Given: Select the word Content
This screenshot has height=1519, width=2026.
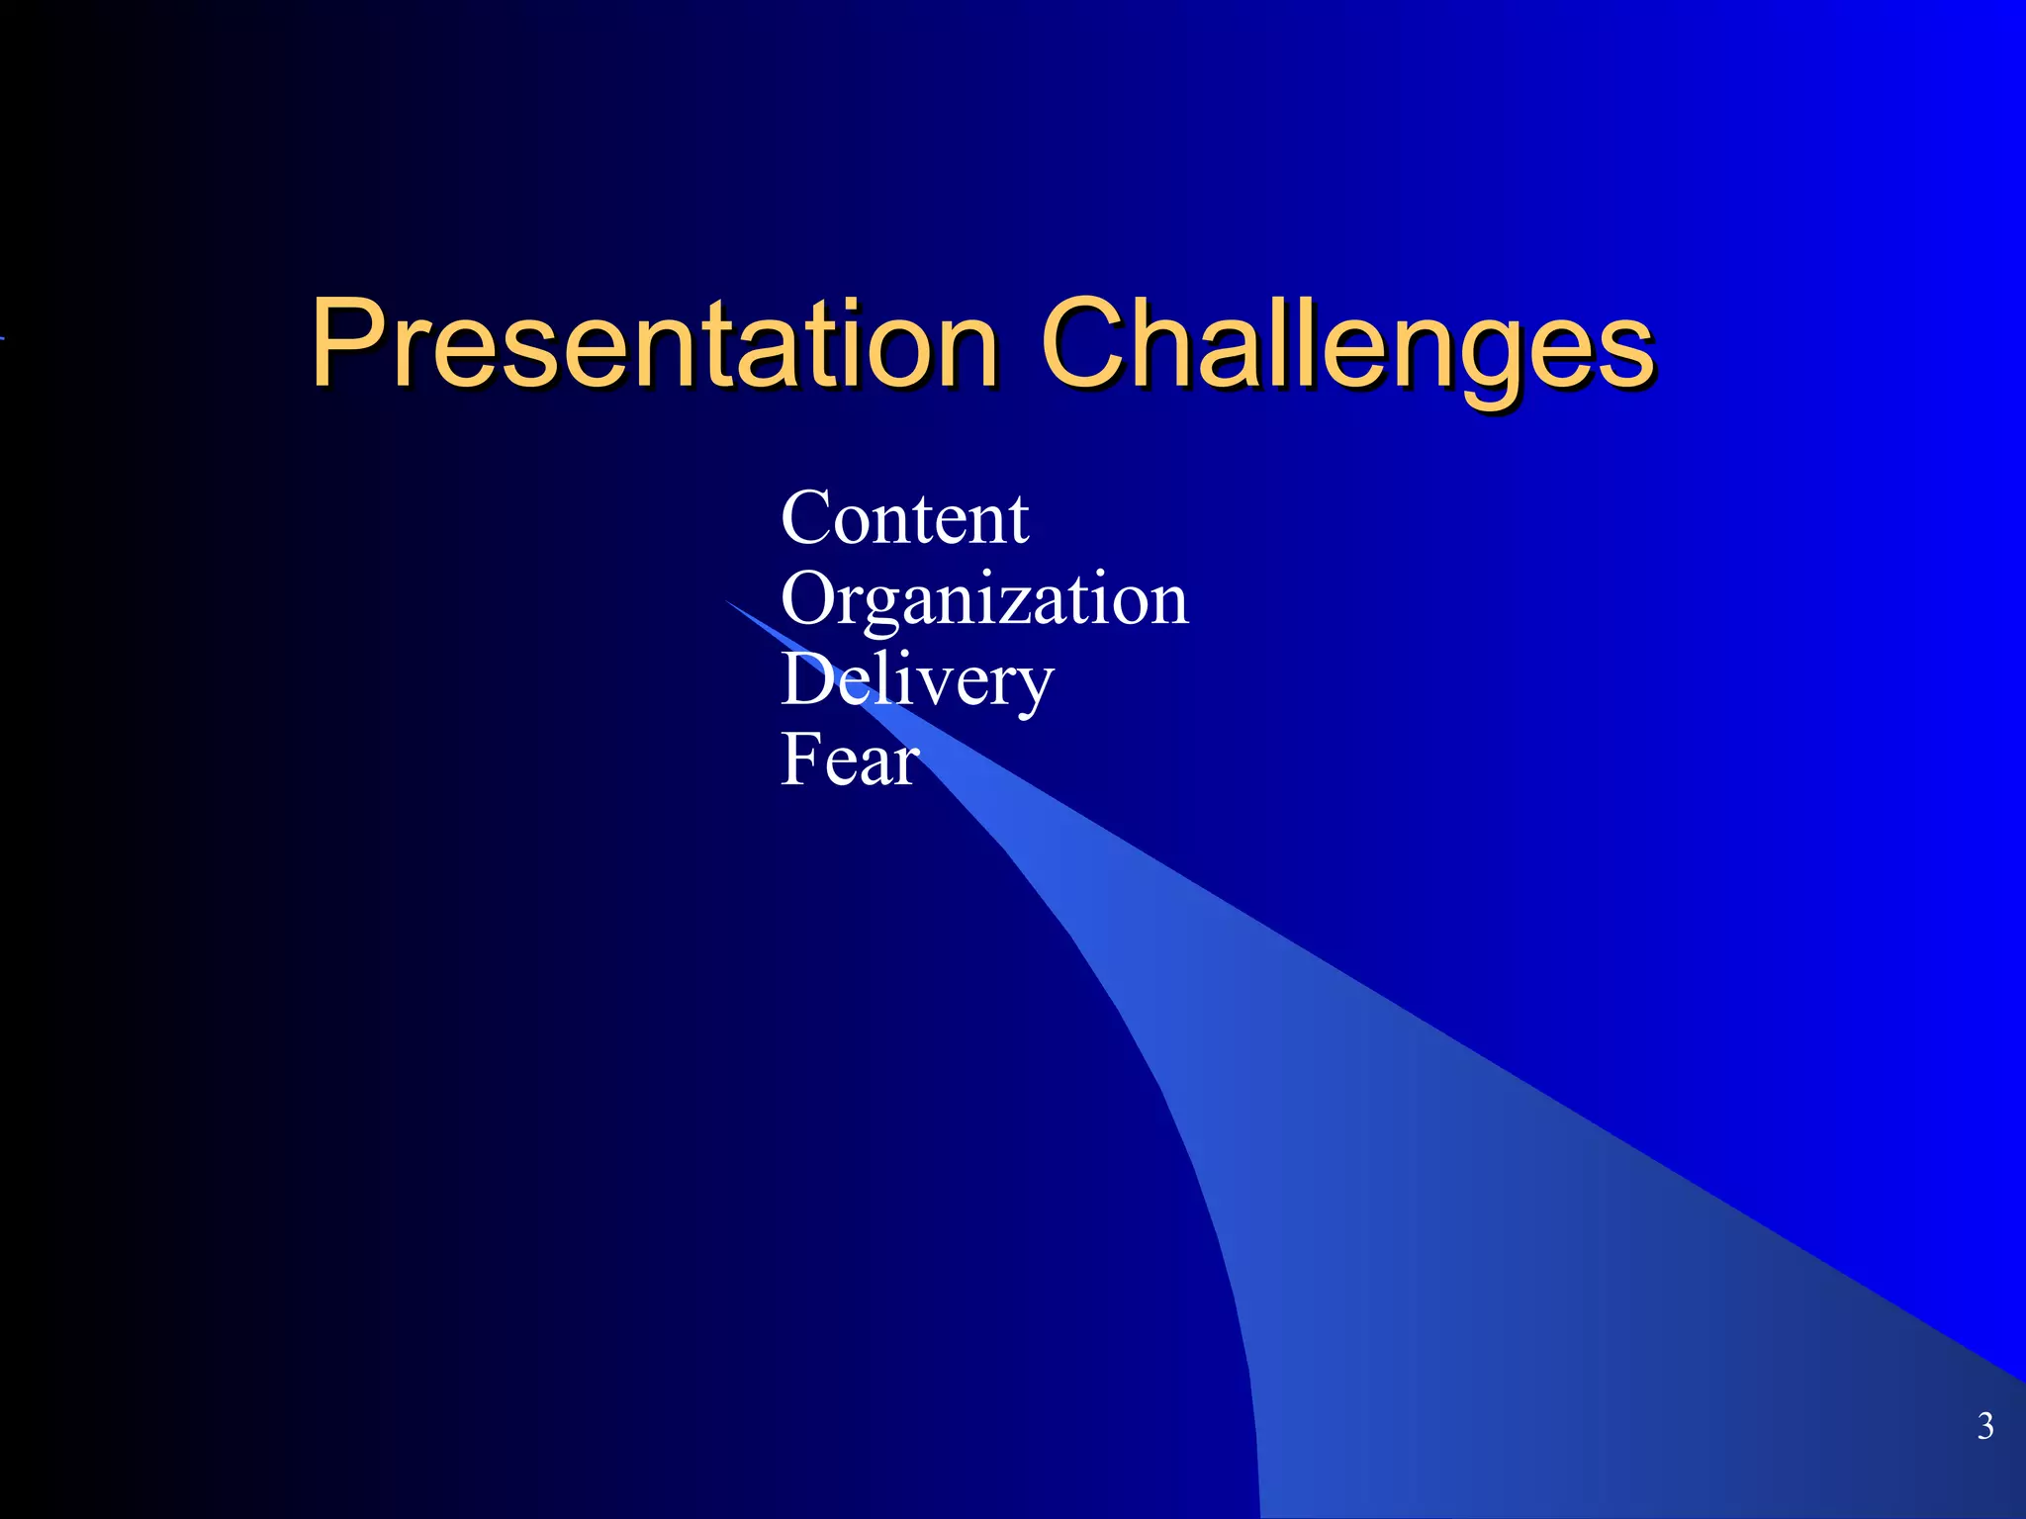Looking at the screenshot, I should pyautogui.click(x=904, y=518).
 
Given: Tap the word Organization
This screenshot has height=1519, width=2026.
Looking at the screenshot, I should pyautogui.click(x=984, y=600).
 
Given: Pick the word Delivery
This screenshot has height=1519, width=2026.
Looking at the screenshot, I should pyautogui.click(x=917, y=681).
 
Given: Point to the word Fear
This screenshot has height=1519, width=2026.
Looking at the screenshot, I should pyautogui.click(x=850, y=760).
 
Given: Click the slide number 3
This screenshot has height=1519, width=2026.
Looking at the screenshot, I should pyautogui.click(x=1984, y=1426).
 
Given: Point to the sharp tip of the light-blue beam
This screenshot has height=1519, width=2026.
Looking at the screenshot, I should pyautogui.click(x=728, y=601).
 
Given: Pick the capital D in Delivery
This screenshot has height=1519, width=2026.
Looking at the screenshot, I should pyautogui.click(x=810, y=679).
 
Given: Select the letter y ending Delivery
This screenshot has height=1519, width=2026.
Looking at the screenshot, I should pyautogui.click(x=1033, y=688).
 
